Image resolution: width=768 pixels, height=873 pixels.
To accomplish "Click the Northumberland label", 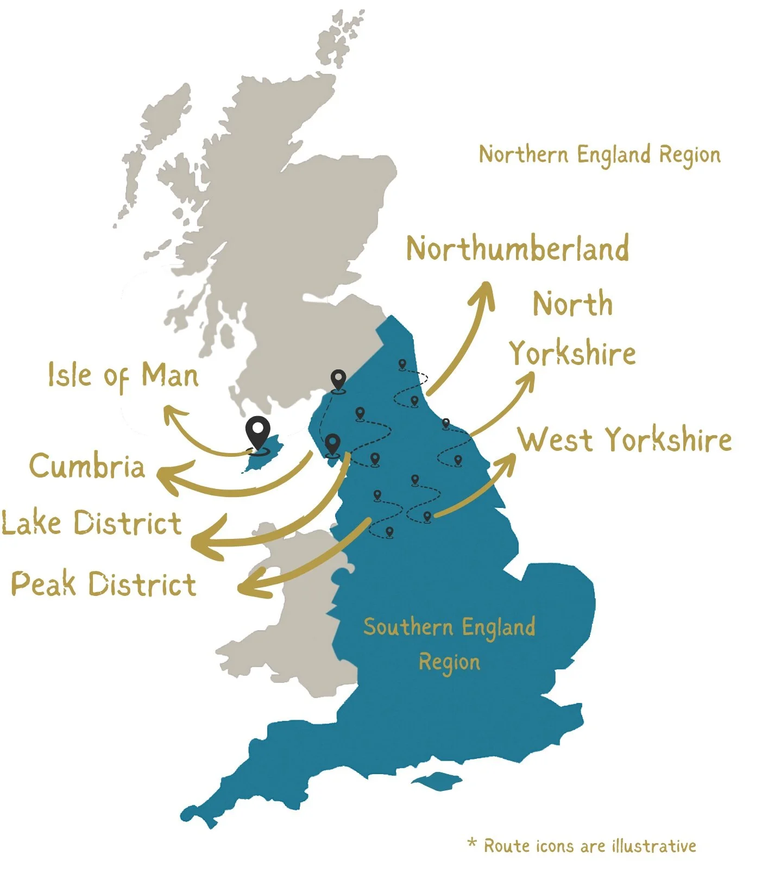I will click(x=518, y=249).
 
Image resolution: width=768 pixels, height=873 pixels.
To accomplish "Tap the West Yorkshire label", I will click(x=625, y=439).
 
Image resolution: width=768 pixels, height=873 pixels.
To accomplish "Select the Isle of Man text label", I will click(x=123, y=376).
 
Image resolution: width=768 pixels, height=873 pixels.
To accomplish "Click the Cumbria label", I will click(x=87, y=466).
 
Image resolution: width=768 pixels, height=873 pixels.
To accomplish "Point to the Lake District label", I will click(x=91, y=523).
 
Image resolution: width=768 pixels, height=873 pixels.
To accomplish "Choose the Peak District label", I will click(x=103, y=584).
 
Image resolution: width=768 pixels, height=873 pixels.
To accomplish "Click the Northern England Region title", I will click(x=600, y=155).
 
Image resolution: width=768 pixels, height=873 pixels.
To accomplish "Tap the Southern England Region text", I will click(x=449, y=644).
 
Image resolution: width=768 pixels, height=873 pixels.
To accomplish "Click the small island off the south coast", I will click(x=436, y=781).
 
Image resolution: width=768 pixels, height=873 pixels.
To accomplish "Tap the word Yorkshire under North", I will click(x=572, y=354).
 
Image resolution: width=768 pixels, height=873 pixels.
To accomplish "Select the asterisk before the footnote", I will click(x=472, y=843).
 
